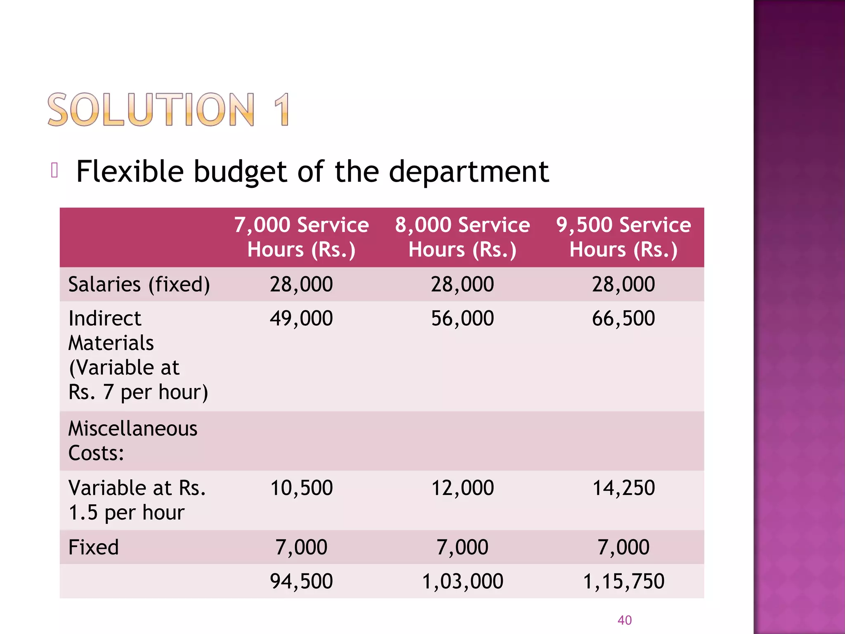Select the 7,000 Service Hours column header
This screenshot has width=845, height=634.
301,237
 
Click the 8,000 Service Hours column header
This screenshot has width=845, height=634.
462,237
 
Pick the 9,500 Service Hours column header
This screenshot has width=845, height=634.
623,237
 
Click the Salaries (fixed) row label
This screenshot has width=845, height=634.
139,284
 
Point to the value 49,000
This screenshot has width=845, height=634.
301,319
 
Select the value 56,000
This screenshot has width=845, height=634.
462,319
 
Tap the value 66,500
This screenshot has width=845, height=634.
623,319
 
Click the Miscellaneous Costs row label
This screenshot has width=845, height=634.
132,441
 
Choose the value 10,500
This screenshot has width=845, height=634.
301,488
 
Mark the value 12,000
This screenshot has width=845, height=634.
462,488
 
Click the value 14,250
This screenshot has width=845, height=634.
623,488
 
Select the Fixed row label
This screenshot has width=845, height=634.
94,547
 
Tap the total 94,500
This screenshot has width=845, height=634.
301,581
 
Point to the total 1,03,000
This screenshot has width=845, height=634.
462,581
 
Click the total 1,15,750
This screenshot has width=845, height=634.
623,581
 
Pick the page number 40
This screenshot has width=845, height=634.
624,620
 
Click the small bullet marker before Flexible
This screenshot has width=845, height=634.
54,170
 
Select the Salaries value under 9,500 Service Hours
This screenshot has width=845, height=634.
623,284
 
